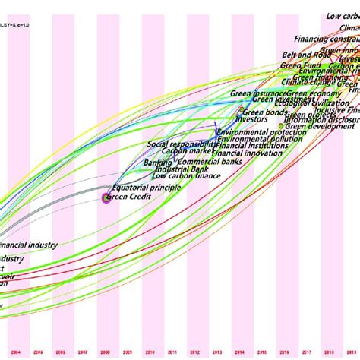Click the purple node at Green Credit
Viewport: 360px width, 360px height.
[x=106, y=197]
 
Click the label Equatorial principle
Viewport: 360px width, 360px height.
[x=144, y=187]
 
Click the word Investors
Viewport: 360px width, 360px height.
[x=252, y=119]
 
